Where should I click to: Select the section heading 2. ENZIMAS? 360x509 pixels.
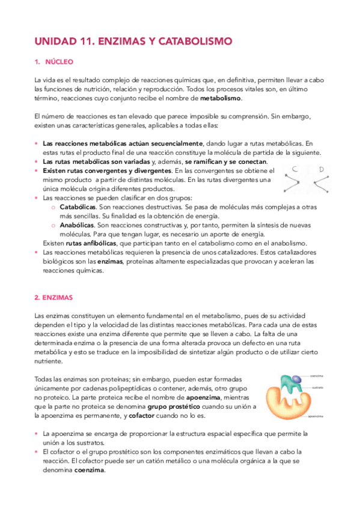(x=56, y=297)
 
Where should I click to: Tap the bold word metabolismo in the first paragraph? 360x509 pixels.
(x=221, y=98)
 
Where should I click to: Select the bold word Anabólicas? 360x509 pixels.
(x=77, y=224)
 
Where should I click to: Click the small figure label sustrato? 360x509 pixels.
(x=319, y=388)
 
